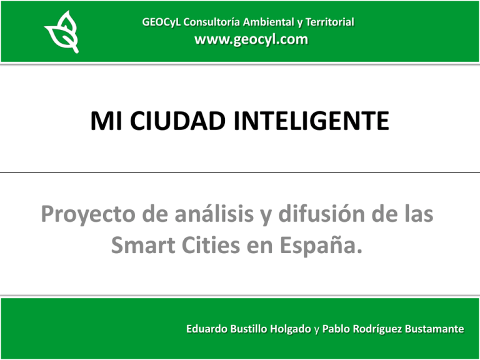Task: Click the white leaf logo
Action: tap(61, 31)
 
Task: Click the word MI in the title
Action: tap(106, 119)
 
